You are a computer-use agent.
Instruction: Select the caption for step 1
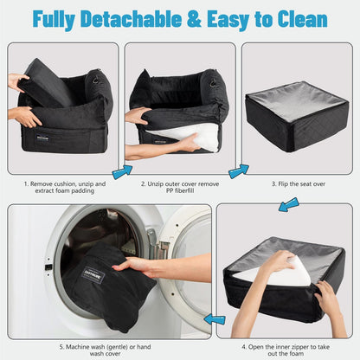[x=65, y=187]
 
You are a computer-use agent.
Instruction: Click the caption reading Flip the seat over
[x=299, y=184]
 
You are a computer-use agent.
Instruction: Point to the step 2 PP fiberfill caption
[x=180, y=187]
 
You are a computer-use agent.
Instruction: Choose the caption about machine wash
[x=105, y=350]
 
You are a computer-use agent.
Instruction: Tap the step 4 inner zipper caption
[x=286, y=350]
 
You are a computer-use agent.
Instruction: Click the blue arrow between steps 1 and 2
[x=122, y=172]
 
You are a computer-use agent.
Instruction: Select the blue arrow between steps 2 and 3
[x=239, y=171]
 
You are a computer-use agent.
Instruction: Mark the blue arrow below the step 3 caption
[x=289, y=204]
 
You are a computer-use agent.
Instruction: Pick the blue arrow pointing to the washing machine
[x=215, y=319]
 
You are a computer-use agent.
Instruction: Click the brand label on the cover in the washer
[x=93, y=274]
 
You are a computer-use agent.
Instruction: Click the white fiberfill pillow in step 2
[x=184, y=138]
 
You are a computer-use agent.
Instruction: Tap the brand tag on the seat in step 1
[x=42, y=138]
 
